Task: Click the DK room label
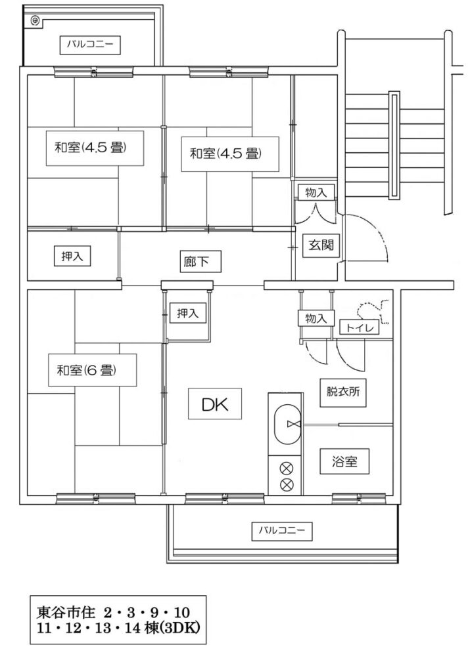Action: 215,404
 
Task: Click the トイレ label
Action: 359,328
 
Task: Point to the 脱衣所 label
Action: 342,392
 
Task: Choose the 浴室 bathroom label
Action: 344,461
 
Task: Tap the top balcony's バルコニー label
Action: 90,45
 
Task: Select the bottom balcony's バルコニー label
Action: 282,531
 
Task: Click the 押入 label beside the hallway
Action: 72,257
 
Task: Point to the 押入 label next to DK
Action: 188,313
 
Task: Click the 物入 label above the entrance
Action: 316,193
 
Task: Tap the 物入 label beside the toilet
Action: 316,318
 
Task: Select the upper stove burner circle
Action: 286,469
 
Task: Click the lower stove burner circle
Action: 286,485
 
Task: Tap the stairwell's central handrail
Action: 394,145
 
